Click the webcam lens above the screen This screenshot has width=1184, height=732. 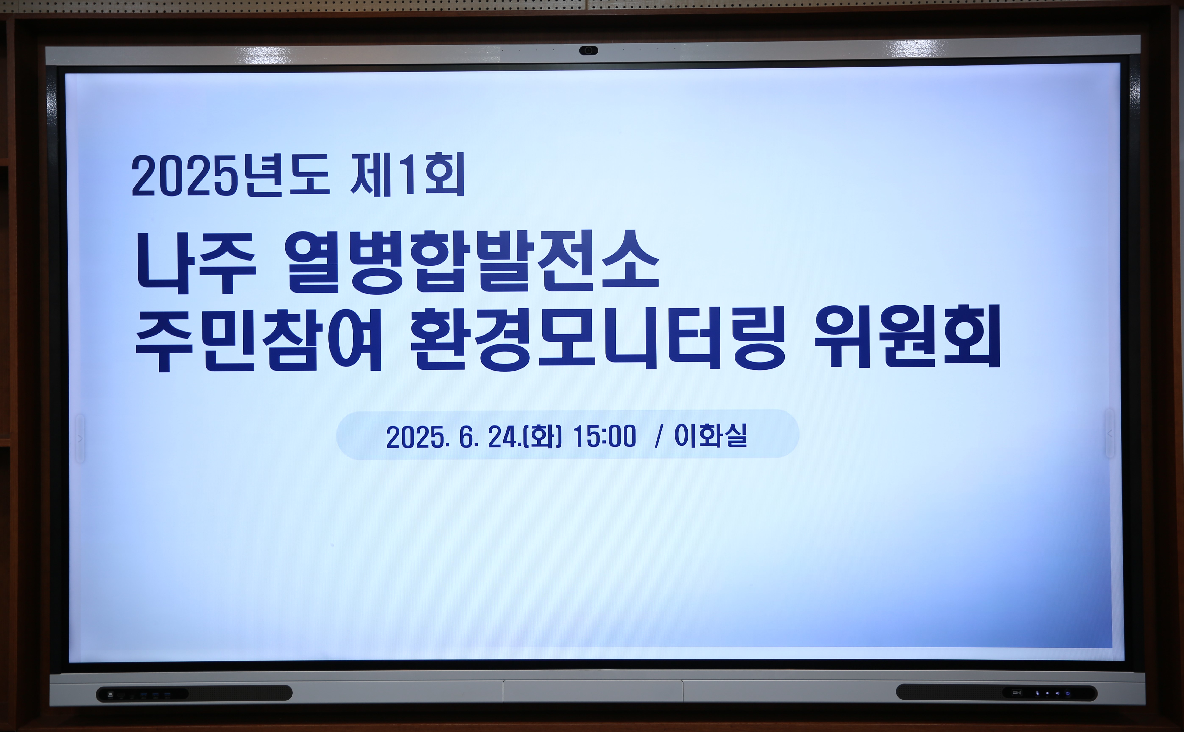pos(588,50)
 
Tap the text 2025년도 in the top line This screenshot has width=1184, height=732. pos(231,176)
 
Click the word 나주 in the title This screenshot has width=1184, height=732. pos(196,263)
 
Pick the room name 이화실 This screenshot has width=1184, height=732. pos(711,435)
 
